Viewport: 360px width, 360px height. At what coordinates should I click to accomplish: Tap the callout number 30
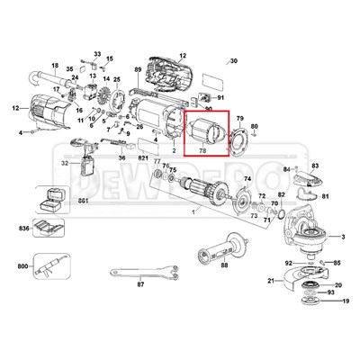point(235,61)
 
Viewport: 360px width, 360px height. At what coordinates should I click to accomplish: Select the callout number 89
point(137,69)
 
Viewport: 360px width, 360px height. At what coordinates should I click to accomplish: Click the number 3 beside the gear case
point(342,236)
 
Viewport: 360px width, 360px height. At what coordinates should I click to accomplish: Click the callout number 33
point(97,54)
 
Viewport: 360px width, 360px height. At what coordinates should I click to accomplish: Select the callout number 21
point(270,282)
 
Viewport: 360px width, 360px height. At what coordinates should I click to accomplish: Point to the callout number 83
point(315,166)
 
